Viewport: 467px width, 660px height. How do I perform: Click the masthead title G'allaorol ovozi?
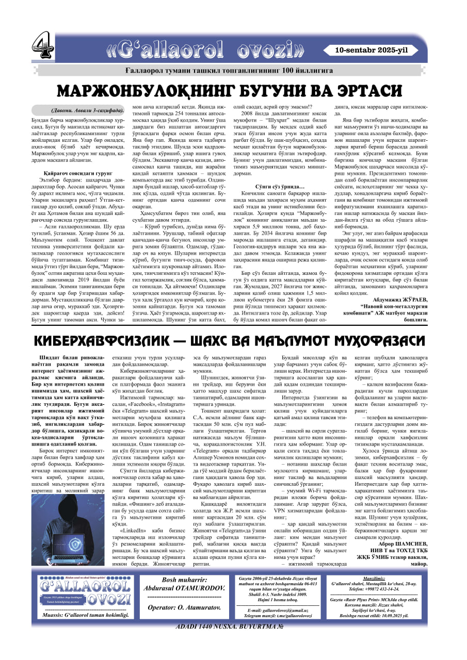[206, 50]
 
